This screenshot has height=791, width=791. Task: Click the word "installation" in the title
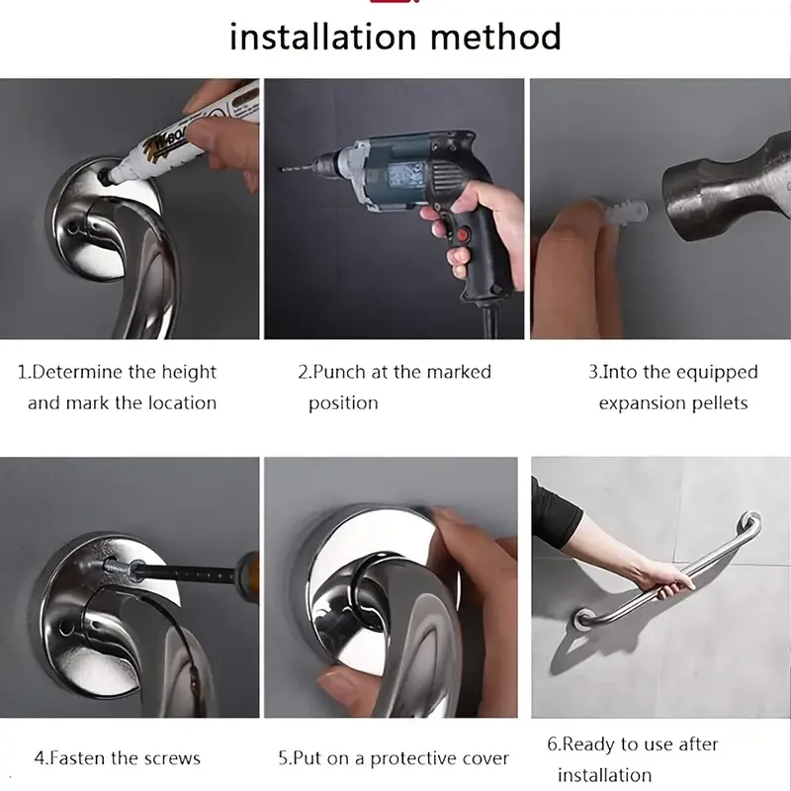(323, 37)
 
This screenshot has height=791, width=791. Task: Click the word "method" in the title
(496, 37)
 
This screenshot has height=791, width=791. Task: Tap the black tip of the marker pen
(105, 175)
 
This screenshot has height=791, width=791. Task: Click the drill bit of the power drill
(299, 168)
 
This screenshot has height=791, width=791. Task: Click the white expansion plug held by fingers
(625, 213)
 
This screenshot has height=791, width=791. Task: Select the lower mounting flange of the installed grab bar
(585, 620)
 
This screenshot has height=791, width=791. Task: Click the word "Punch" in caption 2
(339, 373)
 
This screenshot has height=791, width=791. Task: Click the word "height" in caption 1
(189, 373)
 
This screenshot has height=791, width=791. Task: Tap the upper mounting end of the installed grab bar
(750, 523)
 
